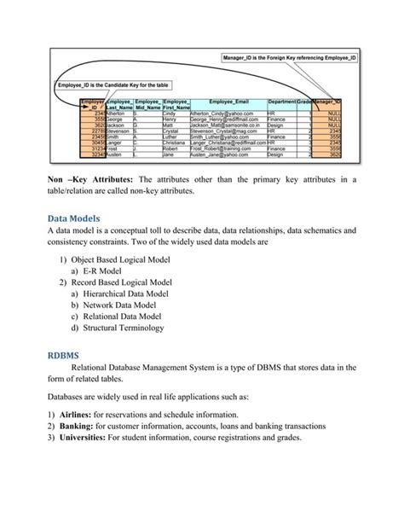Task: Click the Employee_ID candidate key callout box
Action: click(x=115, y=85)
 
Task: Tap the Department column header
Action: click(x=280, y=101)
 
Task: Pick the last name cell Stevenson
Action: click(x=97, y=131)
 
